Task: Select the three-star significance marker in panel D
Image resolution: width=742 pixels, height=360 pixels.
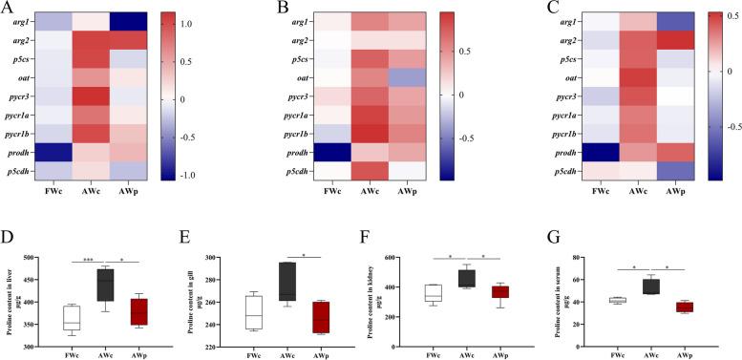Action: click(x=84, y=257)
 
